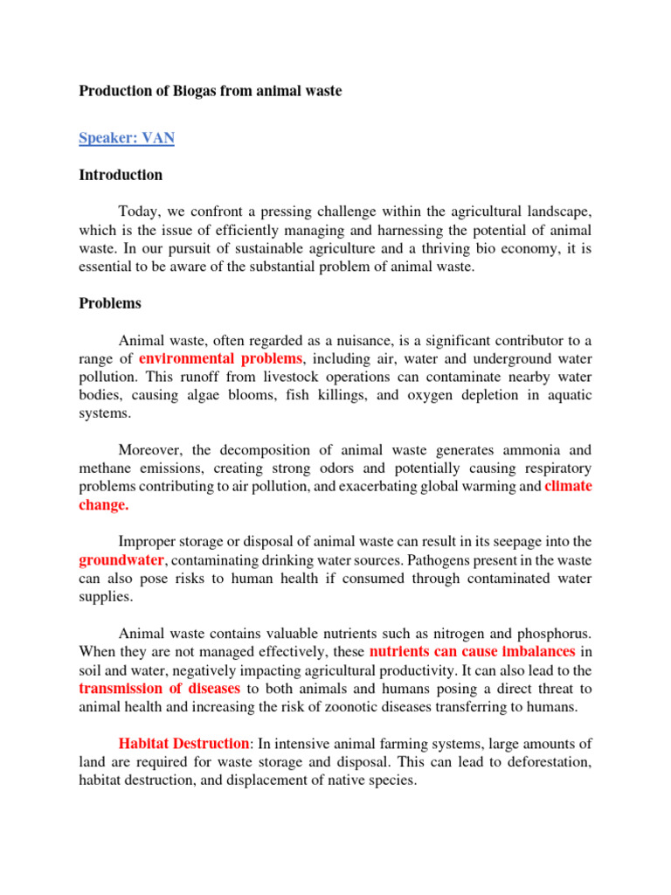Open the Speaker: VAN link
point(126,138)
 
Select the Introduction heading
point(121,175)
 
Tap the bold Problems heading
point(110,304)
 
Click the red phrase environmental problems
point(220,358)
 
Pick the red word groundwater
point(121,561)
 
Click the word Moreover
point(150,450)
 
